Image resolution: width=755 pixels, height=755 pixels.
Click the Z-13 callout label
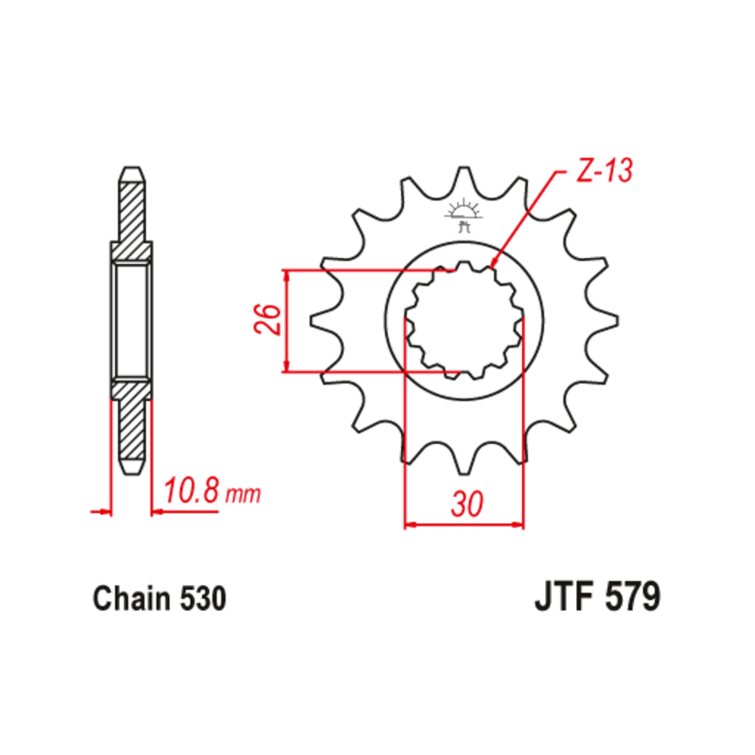coord(605,170)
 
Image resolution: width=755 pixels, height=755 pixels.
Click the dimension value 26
coord(267,319)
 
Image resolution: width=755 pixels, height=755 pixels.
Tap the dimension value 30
coord(467,504)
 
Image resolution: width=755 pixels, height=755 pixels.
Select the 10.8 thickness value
coord(192,491)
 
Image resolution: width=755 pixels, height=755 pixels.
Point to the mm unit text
coord(243,495)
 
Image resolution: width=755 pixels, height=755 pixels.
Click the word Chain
coord(131,599)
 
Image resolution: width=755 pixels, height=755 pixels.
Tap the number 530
coord(203,599)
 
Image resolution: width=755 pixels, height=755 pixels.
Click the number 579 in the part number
coord(632,596)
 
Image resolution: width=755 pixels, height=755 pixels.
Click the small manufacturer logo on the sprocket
coord(464,215)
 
